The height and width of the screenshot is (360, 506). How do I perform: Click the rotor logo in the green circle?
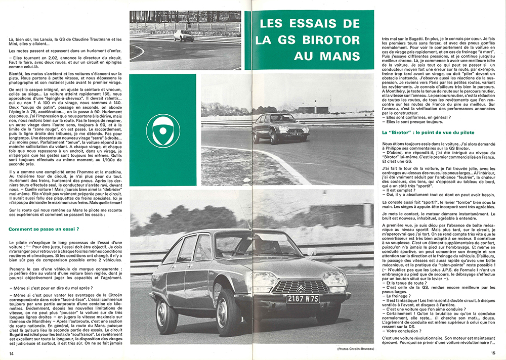162,130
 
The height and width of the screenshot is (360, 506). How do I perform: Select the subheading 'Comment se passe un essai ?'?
43,229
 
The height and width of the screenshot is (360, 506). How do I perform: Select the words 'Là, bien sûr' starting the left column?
19,39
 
